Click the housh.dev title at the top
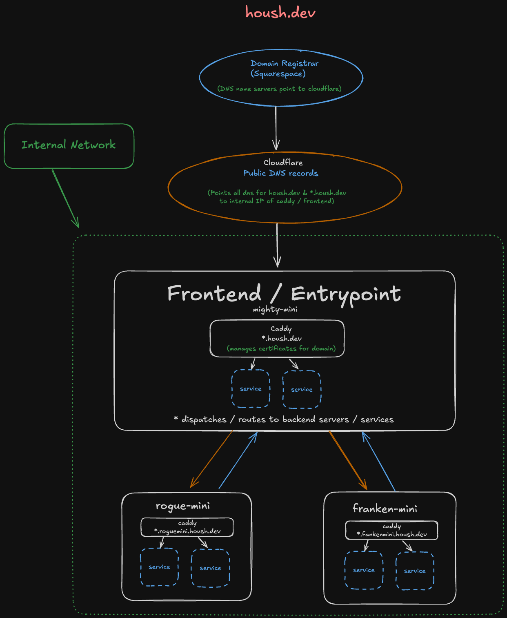tap(280, 13)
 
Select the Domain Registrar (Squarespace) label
tap(284, 68)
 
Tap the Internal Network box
tap(69, 146)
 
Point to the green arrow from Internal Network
tap(65, 198)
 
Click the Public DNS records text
tap(280, 173)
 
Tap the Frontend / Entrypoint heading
tap(284, 294)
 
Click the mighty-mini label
tap(275, 309)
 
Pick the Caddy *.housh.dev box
tap(277, 339)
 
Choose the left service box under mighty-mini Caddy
tap(251, 389)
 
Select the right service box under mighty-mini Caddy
tap(302, 390)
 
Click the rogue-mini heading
tap(183, 506)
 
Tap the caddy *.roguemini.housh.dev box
tap(187, 527)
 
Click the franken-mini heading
tap(385, 509)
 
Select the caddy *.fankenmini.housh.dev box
tap(391, 530)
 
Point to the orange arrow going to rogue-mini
tap(211, 459)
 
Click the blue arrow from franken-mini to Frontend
tap(379, 462)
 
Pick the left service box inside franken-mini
tap(364, 570)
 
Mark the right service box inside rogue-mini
tap(210, 568)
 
